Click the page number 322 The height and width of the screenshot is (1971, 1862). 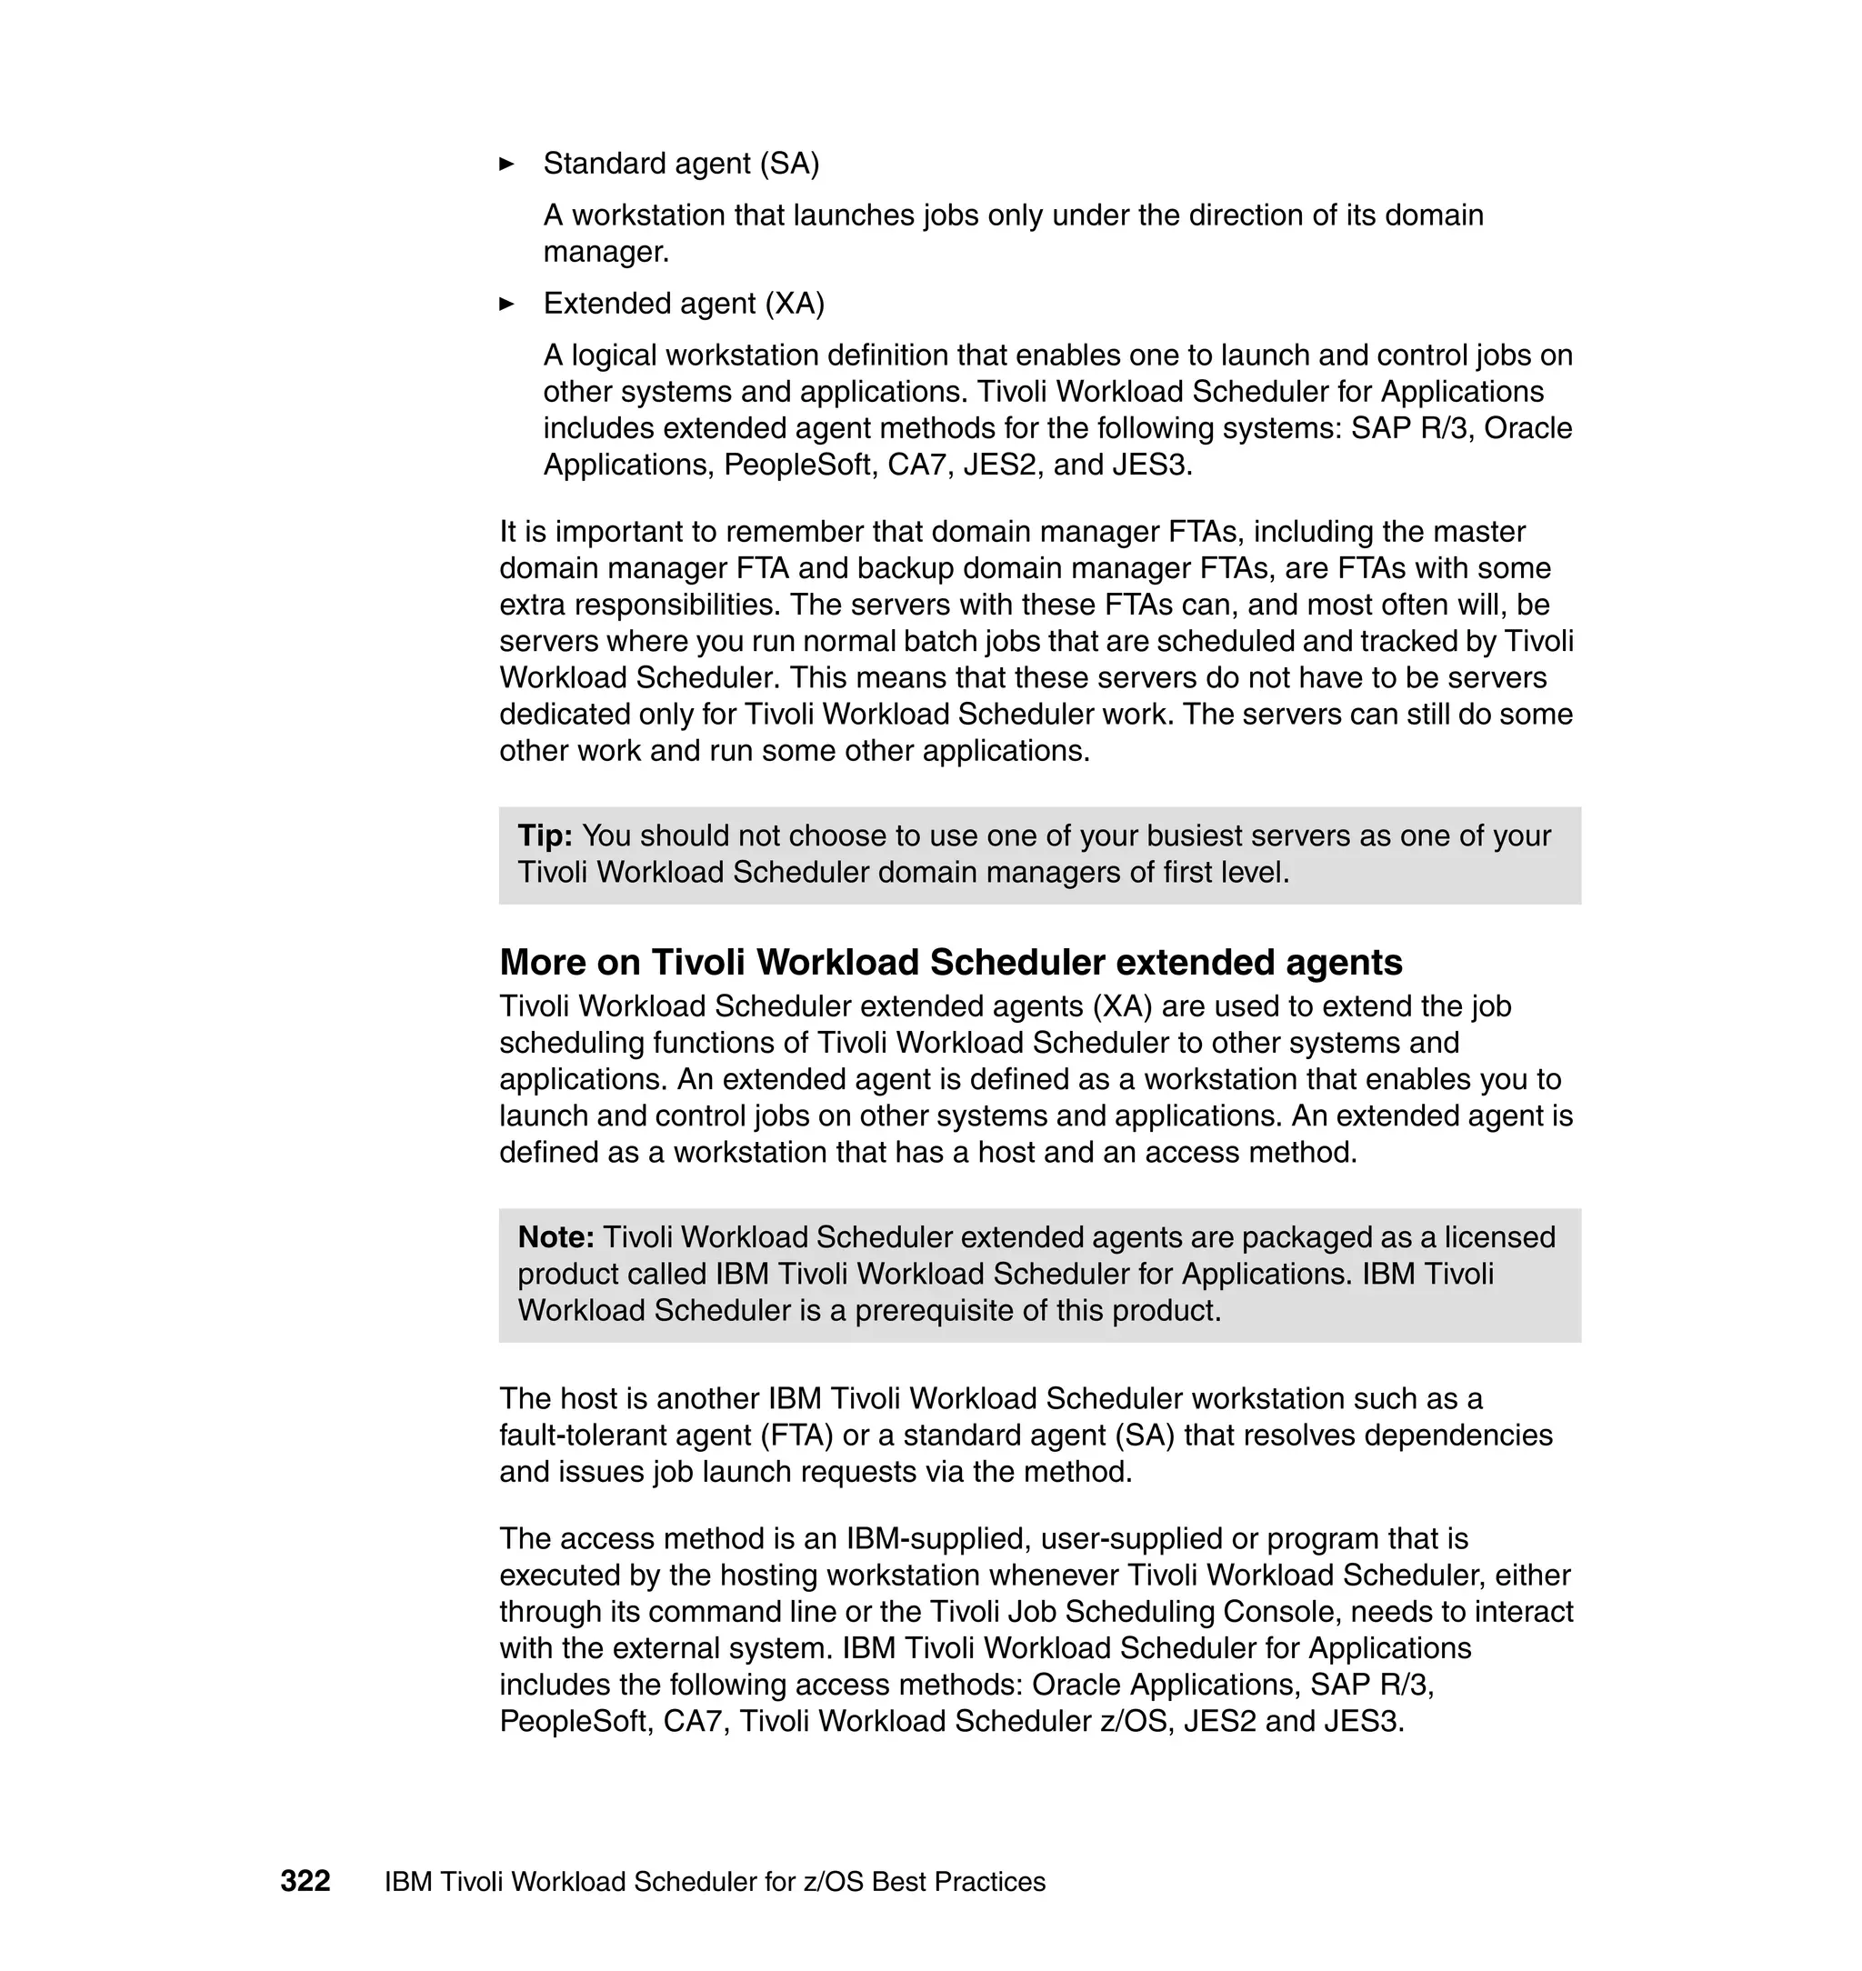click(305, 1881)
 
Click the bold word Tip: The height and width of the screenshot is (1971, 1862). click(545, 835)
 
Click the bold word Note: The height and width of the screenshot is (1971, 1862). click(556, 1237)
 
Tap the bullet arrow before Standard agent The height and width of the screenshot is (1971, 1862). click(506, 164)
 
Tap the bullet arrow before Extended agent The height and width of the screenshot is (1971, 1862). click(506, 304)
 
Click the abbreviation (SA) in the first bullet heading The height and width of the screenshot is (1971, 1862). click(789, 164)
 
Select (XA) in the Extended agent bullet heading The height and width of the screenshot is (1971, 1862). click(794, 304)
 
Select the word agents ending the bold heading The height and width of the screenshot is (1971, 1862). click(1344, 962)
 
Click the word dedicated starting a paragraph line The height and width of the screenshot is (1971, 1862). click(562, 715)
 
